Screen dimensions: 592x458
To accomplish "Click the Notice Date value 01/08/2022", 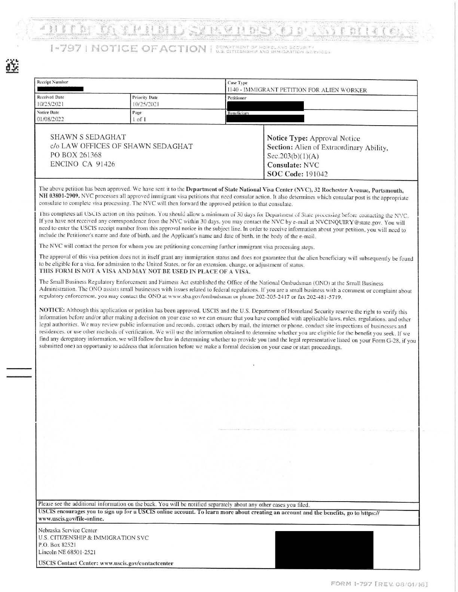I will tap(50, 120).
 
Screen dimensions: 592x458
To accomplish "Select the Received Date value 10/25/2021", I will tap(50, 104).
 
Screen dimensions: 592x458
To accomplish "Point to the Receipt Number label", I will tap(52, 82).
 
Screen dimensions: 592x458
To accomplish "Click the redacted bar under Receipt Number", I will tap(60, 89).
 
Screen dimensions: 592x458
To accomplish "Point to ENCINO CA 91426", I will tap(83, 164).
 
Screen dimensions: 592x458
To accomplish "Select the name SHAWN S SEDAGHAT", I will tap(88, 137).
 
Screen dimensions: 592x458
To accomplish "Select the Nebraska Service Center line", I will tap(68, 530).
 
